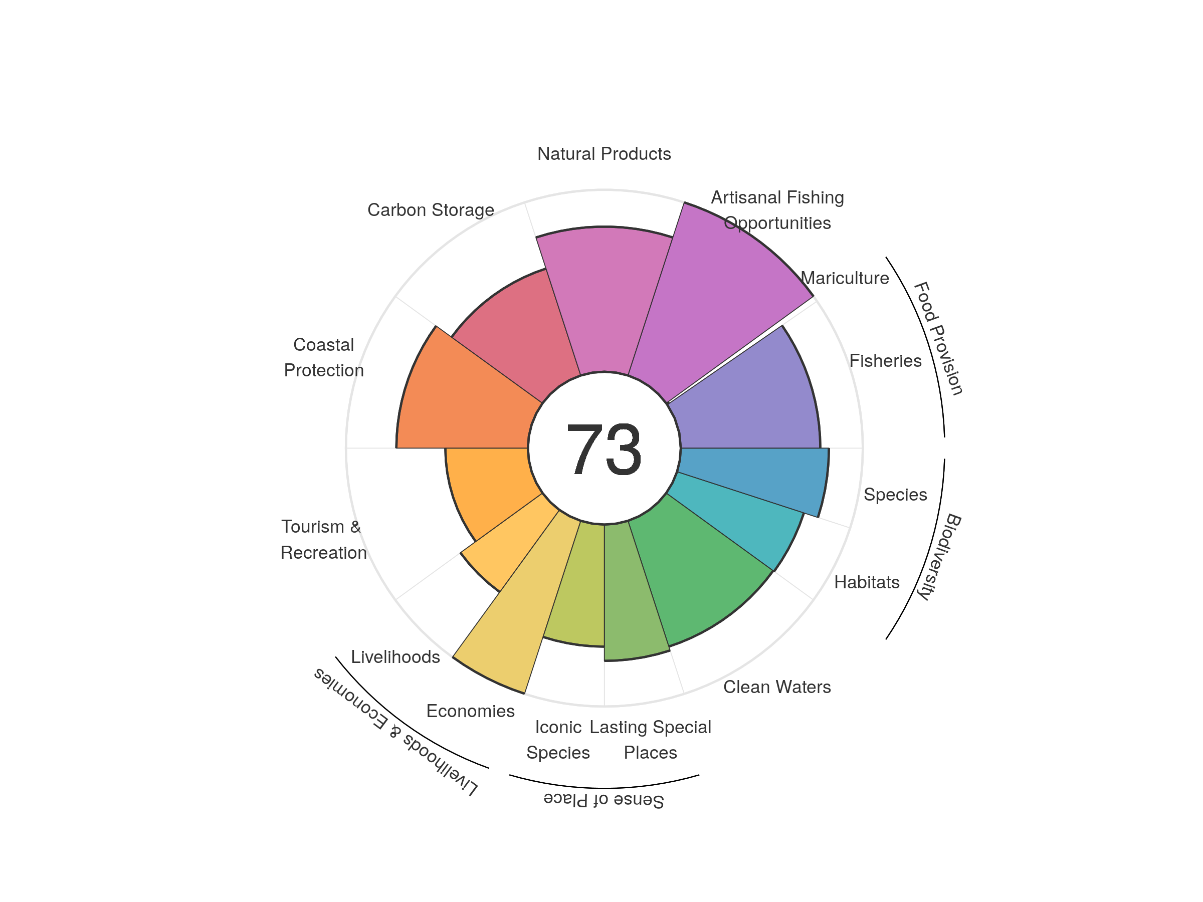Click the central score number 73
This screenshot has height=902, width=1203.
click(604, 449)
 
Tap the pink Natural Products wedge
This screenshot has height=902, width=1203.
click(604, 299)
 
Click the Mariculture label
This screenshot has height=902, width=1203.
click(845, 279)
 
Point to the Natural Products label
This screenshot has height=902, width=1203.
click(604, 154)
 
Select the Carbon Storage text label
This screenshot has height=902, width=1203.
click(431, 210)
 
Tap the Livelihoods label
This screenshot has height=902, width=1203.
click(395, 657)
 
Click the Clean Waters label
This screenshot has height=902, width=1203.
click(776, 687)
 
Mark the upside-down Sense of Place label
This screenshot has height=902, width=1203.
click(604, 800)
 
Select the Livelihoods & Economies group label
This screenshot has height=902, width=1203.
click(395, 732)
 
